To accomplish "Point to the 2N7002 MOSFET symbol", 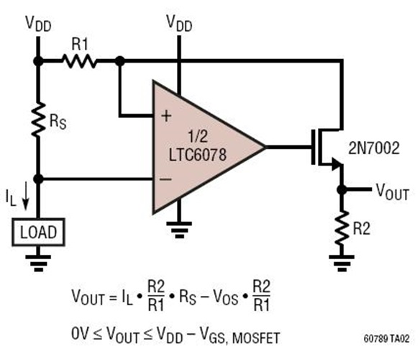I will pyautogui.click(x=324, y=148).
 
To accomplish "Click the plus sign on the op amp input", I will pyautogui.click(x=166, y=116).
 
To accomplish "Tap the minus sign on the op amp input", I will pyautogui.click(x=166, y=178).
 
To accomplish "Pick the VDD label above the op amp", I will pyautogui.click(x=179, y=24).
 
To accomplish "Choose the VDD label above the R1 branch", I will pyautogui.click(x=40, y=24).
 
